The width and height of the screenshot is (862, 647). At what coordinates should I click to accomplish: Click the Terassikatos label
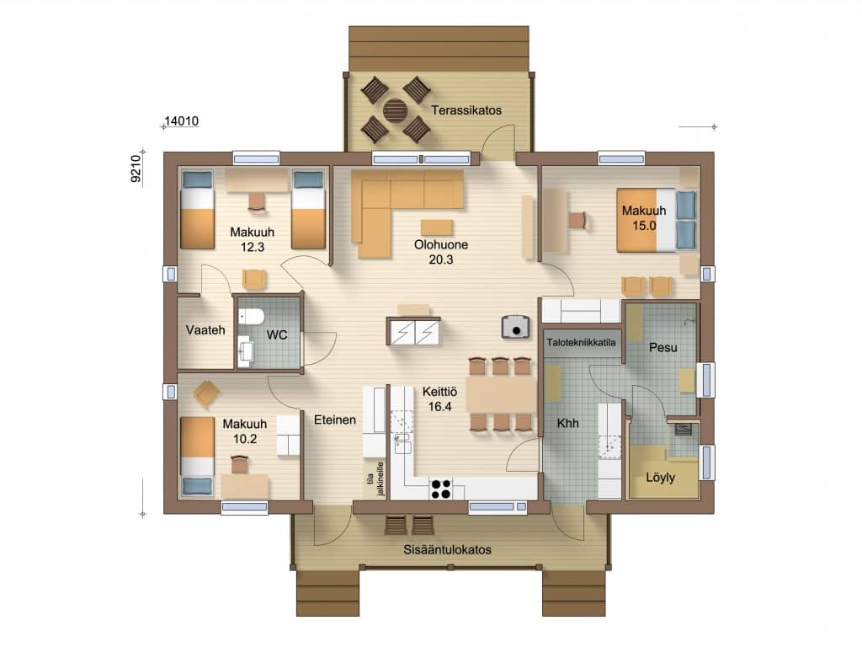466,110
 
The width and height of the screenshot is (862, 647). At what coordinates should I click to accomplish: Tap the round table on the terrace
396,110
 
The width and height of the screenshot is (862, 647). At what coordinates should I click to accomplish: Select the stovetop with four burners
441,489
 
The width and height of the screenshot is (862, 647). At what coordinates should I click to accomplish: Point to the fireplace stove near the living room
516,326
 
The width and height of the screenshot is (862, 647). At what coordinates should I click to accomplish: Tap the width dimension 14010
182,121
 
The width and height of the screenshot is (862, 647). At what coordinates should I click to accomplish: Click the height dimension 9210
136,168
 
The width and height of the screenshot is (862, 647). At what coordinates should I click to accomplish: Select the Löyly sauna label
660,478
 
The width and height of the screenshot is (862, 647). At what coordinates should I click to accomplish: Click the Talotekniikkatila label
581,343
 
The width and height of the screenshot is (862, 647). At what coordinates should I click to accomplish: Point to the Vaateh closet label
205,330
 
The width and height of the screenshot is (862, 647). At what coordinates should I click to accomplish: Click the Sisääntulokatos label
448,549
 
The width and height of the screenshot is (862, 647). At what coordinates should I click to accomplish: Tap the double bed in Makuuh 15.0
657,220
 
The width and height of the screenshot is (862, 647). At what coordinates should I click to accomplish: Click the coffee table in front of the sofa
437,227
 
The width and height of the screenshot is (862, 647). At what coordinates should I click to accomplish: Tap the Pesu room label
663,348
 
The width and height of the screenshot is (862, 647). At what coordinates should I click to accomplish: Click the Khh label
568,423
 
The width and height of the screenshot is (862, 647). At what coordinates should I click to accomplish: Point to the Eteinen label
335,420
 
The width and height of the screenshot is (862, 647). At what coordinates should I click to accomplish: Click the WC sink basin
245,350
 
